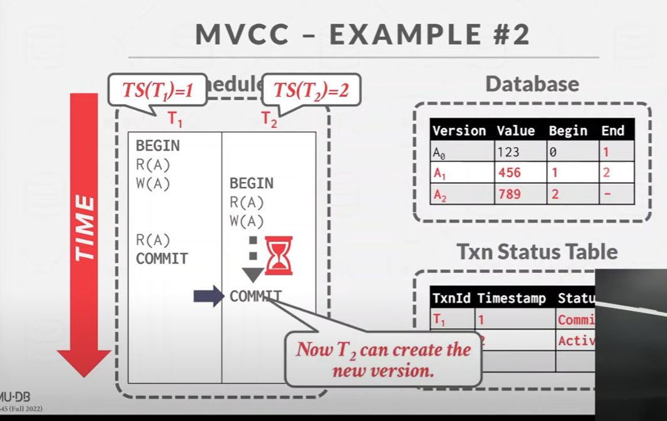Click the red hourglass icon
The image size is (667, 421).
pos(278,255)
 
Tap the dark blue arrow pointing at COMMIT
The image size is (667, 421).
pos(209,296)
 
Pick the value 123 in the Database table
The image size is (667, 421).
pos(508,152)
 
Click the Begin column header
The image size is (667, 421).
pos(568,131)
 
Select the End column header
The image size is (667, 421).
pos(612,131)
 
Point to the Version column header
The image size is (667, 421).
pos(460,131)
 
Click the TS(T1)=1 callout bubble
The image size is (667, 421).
pos(157,90)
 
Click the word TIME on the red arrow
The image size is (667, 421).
pos(85,228)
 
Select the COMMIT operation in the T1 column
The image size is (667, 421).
pos(162,258)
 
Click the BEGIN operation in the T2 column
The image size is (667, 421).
pos(251,183)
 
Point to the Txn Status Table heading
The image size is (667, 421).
pos(537,252)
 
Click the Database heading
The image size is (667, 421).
pos(532,84)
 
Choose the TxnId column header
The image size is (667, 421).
pos(451,298)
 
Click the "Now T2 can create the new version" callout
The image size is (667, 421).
pos(383,359)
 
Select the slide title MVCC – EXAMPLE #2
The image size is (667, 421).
pos(363,35)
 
